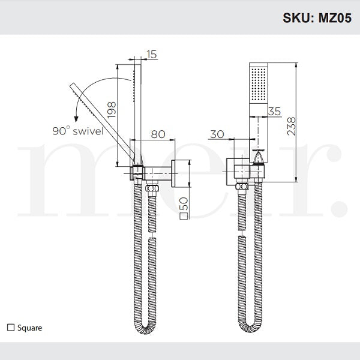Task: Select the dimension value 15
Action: [152, 55]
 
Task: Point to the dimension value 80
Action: [158, 134]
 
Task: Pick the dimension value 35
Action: [274, 111]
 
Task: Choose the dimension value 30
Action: [217, 134]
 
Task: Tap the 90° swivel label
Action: [77, 130]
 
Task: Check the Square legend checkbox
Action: [10, 328]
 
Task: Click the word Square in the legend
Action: [29, 328]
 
